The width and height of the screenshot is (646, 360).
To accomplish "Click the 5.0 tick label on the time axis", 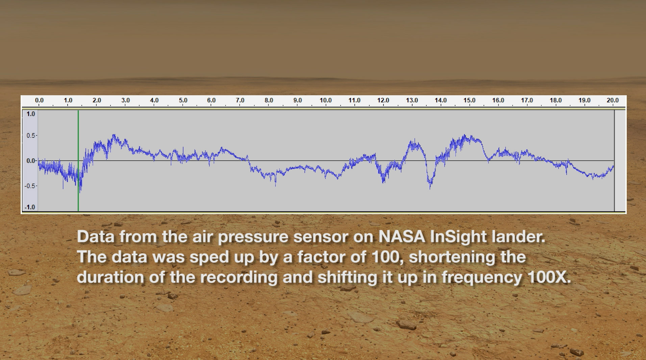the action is [183, 100].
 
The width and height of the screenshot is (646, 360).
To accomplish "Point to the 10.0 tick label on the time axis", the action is [326, 100].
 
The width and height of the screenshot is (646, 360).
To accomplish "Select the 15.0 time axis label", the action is [469, 100].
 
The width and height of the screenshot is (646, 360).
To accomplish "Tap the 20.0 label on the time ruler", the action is [613, 100].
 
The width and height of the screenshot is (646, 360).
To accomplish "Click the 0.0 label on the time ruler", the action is [39, 100].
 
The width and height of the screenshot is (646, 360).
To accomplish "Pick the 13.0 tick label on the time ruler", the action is [412, 100].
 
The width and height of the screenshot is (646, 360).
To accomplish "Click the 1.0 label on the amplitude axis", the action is [31, 114].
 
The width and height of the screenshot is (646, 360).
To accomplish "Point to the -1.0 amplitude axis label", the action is [30, 207].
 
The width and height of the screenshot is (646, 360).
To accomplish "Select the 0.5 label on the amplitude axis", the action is [31, 135].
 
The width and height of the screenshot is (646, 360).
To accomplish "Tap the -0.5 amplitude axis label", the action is [30, 186].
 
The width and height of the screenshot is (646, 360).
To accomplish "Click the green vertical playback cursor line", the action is [78, 161].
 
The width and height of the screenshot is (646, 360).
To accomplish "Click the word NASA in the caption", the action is [402, 236].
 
